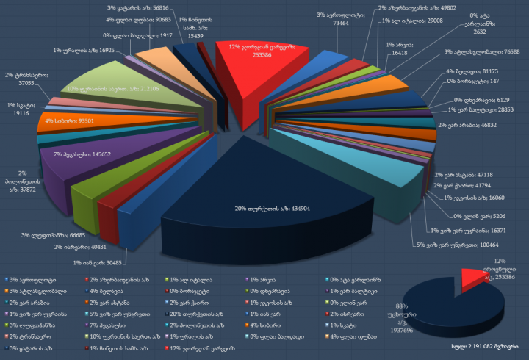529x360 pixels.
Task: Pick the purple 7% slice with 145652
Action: [81, 154]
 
